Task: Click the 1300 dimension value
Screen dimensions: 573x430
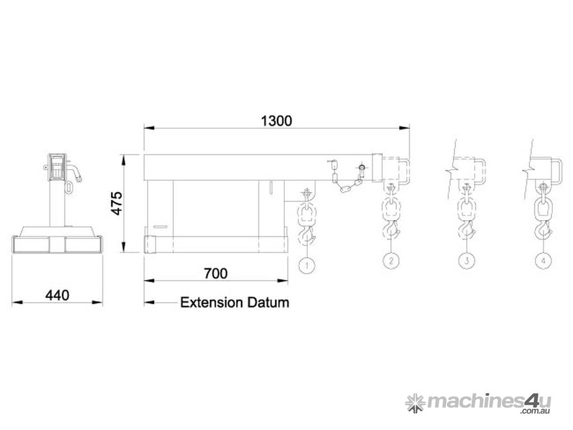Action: click(276, 121)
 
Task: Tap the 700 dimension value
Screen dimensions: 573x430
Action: click(215, 273)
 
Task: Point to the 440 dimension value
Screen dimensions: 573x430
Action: click(57, 295)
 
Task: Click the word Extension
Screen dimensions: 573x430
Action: click(212, 303)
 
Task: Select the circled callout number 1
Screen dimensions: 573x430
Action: click(307, 265)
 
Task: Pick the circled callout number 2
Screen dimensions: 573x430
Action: click(391, 261)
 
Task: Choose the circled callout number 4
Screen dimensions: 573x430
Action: click(543, 261)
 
